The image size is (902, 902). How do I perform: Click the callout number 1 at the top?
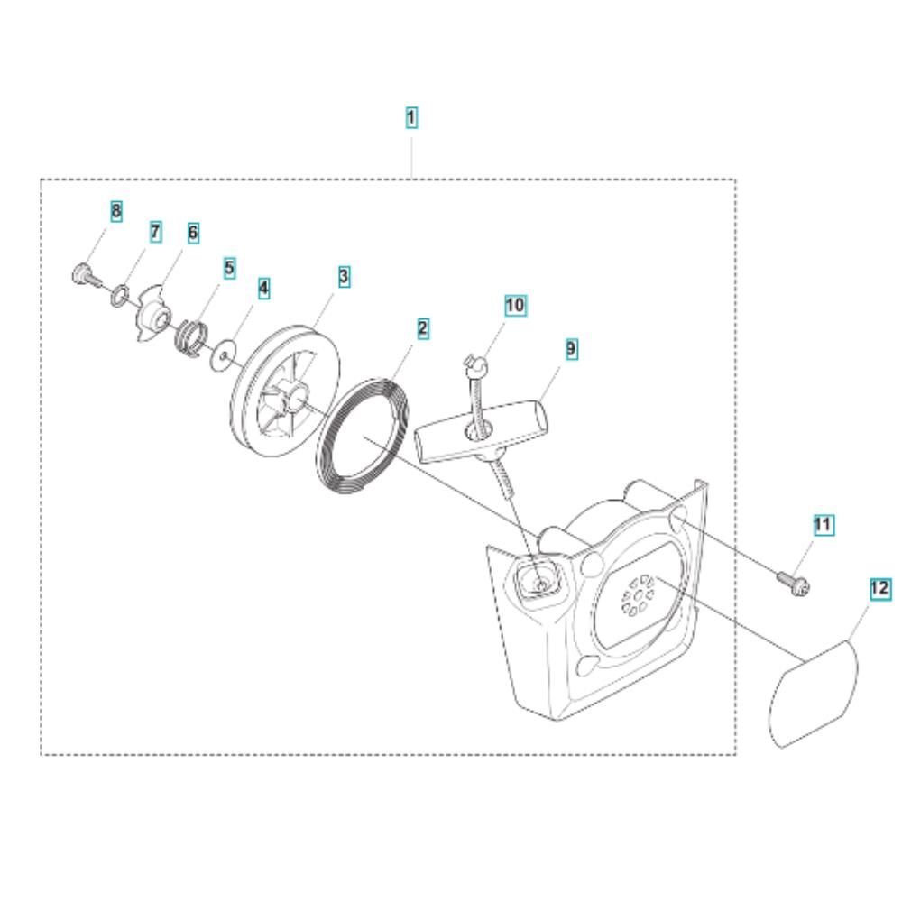click(x=410, y=117)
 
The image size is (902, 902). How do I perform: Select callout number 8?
click(x=116, y=211)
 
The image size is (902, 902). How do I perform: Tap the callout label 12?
click(x=879, y=588)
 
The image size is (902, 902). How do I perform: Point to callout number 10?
click(x=515, y=305)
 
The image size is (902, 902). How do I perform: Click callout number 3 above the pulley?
click(x=344, y=277)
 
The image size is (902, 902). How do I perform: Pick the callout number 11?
click(x=822, y=525)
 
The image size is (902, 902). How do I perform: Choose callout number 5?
click(x=229, y=268)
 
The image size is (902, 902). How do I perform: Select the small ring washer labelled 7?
click(x=119, y=295)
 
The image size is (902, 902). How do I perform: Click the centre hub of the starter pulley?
click(x=295, y=399)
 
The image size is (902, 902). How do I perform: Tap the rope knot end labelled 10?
click(x=475, y=364)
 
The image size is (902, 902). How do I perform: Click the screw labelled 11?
click(x=794, y=582)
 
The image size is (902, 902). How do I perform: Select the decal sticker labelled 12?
click(x=814, y=695)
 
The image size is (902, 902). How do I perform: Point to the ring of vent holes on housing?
click(x=638, y=594)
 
